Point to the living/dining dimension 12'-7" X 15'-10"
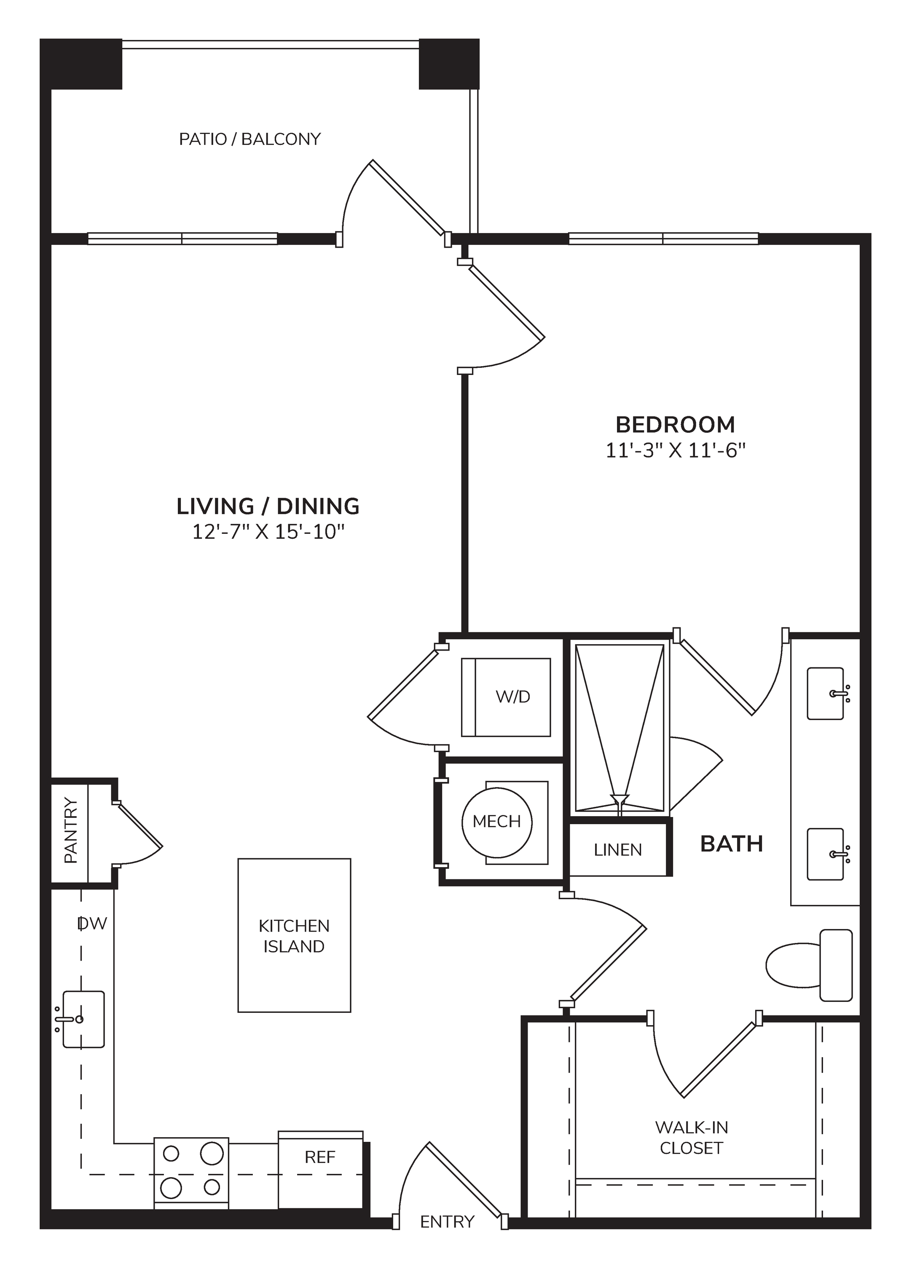tap(268, 533)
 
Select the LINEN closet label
tap(617, 850)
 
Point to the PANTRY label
tap(71, 830)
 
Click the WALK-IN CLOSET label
tap(691, 1138)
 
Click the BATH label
tap(732, 844)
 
